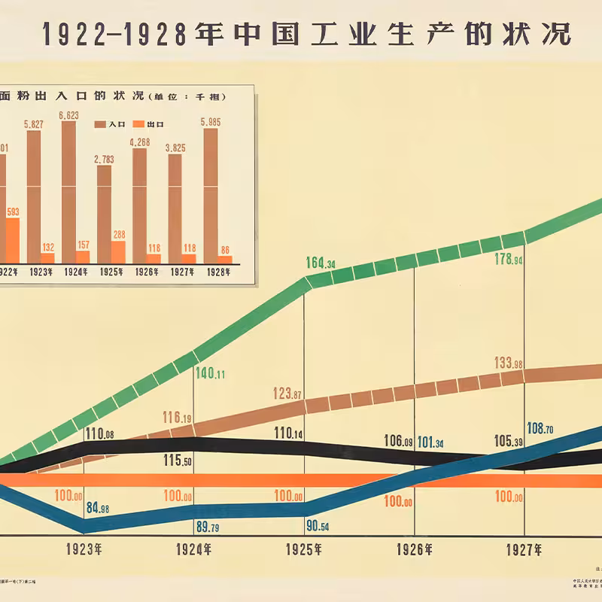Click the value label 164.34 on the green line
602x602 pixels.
pyautogui.click(x=321, y=263)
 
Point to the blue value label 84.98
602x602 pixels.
pyautogui.click(x=98, y=508)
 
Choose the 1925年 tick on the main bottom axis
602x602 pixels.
pyautogui.click(x=304, y=549)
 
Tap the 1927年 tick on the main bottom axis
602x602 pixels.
pyautogui.click(x=524, y=549)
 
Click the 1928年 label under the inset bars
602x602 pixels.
pyautogui.click(x=218, y=272)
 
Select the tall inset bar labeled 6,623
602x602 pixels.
pyautogui.click(x=68, y=186)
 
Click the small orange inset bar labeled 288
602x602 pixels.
pyautogui.click(x=119, y=251)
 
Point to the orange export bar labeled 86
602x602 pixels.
pyautogui.click(x=224, y=259)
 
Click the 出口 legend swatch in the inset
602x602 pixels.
pyautogui.click(x=138, y=124)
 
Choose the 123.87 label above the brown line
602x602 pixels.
pyautogui.click(x=288, y=394)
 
